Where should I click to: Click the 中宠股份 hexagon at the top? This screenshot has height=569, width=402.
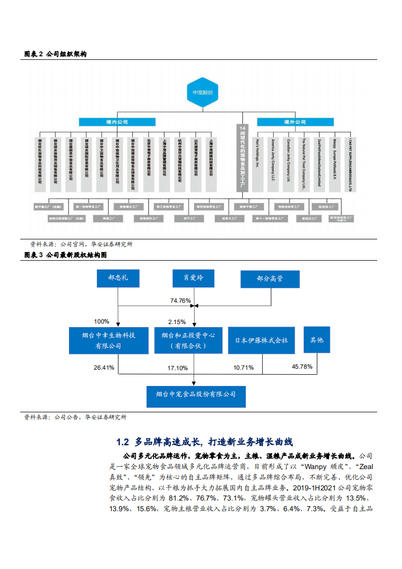(203, 93)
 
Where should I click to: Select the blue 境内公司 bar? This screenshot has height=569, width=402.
(117, 122)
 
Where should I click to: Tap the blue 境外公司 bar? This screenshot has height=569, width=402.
(295, 122)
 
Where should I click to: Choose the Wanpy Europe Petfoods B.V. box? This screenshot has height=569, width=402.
(335, 161)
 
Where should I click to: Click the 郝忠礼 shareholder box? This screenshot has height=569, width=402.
(118, 278)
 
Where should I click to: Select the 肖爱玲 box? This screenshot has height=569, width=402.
(193, 278)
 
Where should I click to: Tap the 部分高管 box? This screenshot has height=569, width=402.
(270, 278)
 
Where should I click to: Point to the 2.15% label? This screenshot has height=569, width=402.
(177, 322)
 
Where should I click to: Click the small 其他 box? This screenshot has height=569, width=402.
(316, 340)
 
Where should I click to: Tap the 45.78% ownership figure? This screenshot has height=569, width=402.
(302, 366)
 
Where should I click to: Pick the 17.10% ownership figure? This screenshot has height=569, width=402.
(177, 368)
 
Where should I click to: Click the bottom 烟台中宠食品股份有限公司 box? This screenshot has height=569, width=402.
(196, 394)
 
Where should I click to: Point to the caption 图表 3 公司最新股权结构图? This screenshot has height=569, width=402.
(65, 255)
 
